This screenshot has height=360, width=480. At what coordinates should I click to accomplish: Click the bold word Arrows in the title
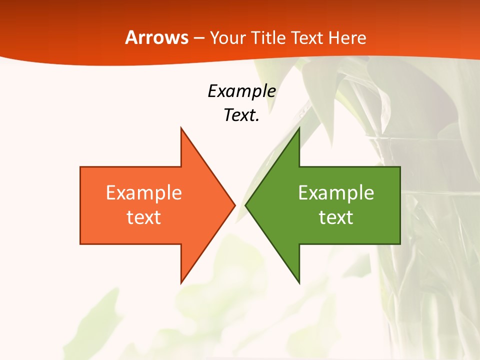tap(156, 38)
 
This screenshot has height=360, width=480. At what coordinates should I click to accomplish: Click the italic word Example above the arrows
tap(241, 91)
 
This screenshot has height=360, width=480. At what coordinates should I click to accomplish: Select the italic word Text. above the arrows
tap(241, 115)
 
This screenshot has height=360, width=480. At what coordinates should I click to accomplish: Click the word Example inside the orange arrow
tap(144, 192)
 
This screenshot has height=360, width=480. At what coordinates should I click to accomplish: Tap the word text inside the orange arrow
tap(144, 217)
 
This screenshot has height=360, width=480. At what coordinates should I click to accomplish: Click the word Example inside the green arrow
tap(336, 192)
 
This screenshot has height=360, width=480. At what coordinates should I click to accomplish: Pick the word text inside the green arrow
tap(336, 217)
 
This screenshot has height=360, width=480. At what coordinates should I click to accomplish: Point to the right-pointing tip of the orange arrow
tap(234, 205)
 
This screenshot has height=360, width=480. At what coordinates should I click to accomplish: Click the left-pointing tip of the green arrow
tap(245, 205)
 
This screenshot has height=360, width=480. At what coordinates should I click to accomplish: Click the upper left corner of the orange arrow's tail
tap(81, 167)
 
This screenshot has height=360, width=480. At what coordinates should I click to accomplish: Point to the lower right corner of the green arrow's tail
tap(399, 243)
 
